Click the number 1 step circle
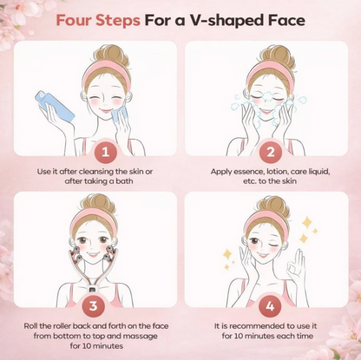104,153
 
